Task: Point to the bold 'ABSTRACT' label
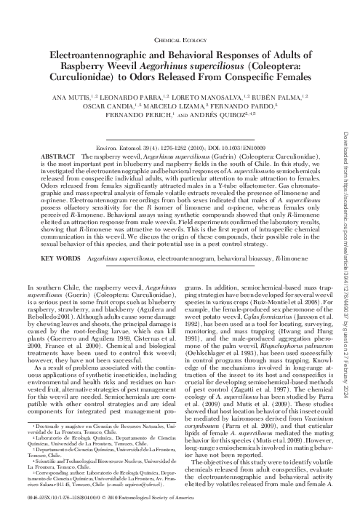pyautogui.click(x=58, y=156)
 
